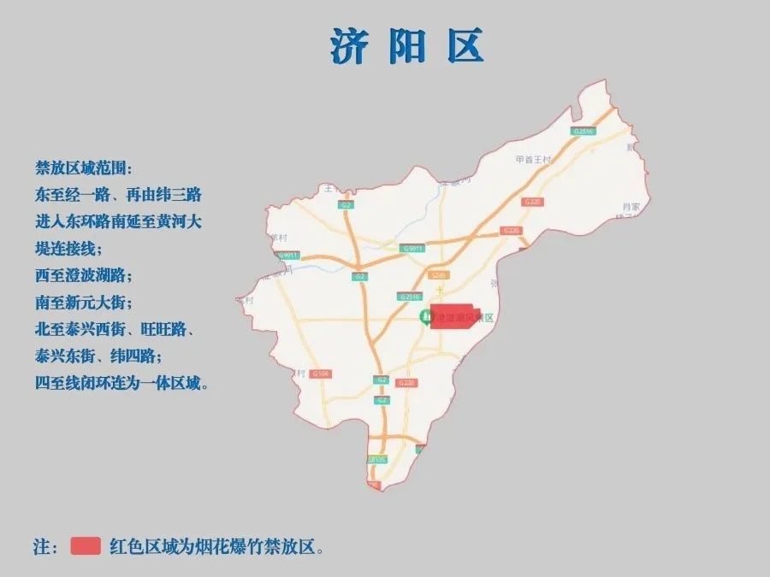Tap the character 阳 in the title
[407, 46]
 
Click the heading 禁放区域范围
[85, 168]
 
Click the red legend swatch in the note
[86, 546]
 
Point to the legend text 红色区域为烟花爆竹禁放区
[217, 546]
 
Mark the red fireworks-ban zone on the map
[454, 316]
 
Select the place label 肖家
[631, 207]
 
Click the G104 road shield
[322, 374]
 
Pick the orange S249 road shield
[439, 275]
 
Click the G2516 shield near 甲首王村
[583, 132]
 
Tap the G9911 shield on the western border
[287, 255]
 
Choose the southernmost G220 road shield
[408, 381]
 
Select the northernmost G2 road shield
[346, 205]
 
